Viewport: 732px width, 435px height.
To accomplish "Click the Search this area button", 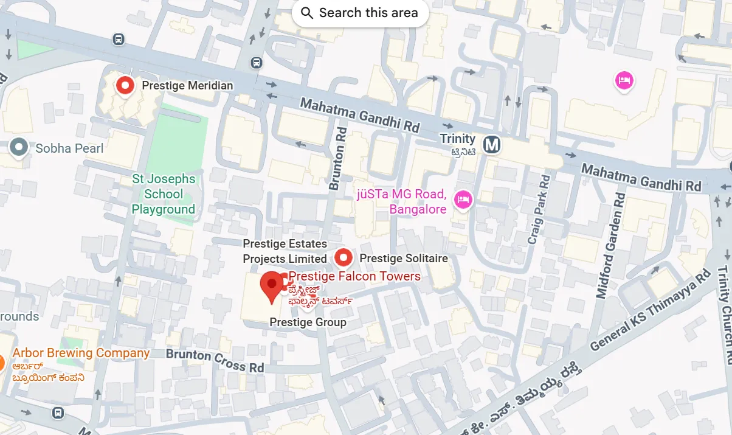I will click(360, 13).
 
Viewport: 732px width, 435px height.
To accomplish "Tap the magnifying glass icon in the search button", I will click(307, 13).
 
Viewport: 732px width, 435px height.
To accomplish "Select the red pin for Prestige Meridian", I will click(125, 86).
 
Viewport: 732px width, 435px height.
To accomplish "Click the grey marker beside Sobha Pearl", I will click(19, 147).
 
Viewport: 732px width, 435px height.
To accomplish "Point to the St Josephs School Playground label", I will click(164, 194).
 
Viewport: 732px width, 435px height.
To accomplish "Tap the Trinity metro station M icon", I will click(491, 145).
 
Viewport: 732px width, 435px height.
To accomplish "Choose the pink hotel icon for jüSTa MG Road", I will click(463, 198).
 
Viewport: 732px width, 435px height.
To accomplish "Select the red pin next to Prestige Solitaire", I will click(344, 258).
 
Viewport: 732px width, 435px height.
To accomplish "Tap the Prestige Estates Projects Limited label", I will click(285, 251).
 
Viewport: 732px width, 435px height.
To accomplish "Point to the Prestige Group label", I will click(308, 322).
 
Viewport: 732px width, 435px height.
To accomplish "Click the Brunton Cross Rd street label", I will click(215, 360).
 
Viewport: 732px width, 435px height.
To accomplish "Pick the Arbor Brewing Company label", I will click(81, 353).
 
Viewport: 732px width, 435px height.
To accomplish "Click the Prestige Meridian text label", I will click(187, 86).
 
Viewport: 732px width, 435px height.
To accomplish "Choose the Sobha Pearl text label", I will click(69, 148).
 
